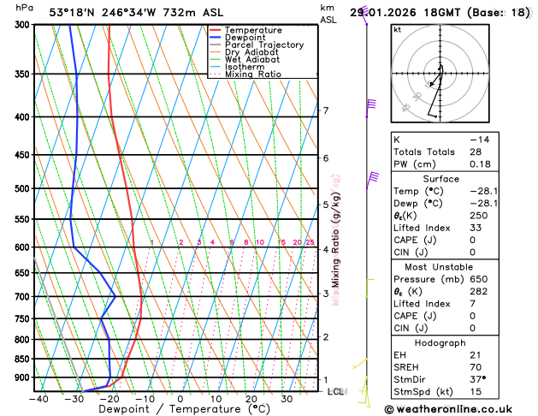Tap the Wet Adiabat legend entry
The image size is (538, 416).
point(251,59)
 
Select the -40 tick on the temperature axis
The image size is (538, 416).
point(38,398)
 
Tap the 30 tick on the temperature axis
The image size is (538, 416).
point(287,398)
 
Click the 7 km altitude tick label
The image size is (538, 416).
point(325,110)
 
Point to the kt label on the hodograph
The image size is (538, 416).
point(397,30)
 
